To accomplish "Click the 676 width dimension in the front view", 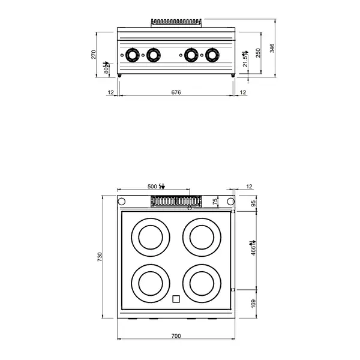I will [176, 92].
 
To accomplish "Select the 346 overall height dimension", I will [272, 48].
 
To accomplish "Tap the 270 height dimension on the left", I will [94, 55].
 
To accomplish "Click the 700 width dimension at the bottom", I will [176, 335].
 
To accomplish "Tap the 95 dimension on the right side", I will [252, 203].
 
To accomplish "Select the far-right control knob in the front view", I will [212, 55].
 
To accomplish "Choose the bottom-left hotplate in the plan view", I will [146, 281].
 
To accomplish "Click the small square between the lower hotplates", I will [176, 300].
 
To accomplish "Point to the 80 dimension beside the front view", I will [106, 67].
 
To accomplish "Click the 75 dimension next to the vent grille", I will [215, 201].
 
